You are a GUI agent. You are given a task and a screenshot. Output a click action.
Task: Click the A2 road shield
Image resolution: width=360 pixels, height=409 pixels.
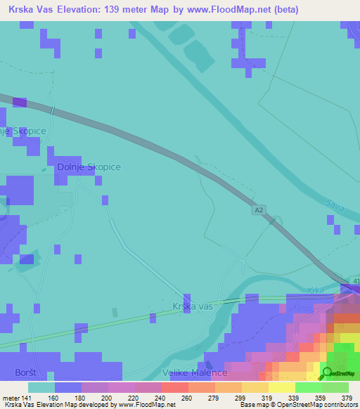pos(259,209)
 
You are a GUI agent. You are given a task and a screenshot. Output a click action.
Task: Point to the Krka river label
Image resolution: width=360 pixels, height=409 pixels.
pos(314,290)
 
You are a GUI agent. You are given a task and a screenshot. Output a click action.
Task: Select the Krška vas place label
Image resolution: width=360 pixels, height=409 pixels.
pos(192,306)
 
